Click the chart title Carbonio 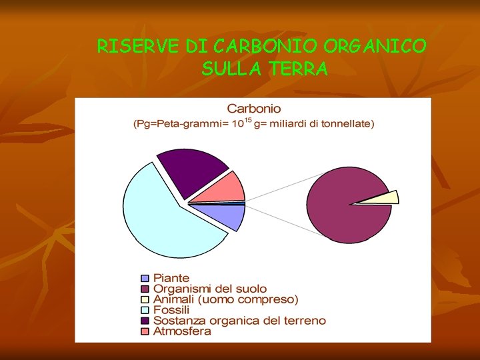click(x=254, y=108)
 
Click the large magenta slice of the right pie click(x=340, y=200)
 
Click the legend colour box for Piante click(x=145, y=278)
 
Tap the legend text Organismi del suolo click(x=210, y=289)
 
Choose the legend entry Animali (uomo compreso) click(x=226, y=299)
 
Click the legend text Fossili click(x=171, y=310)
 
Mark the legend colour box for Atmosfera click(x=145, y=331)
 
